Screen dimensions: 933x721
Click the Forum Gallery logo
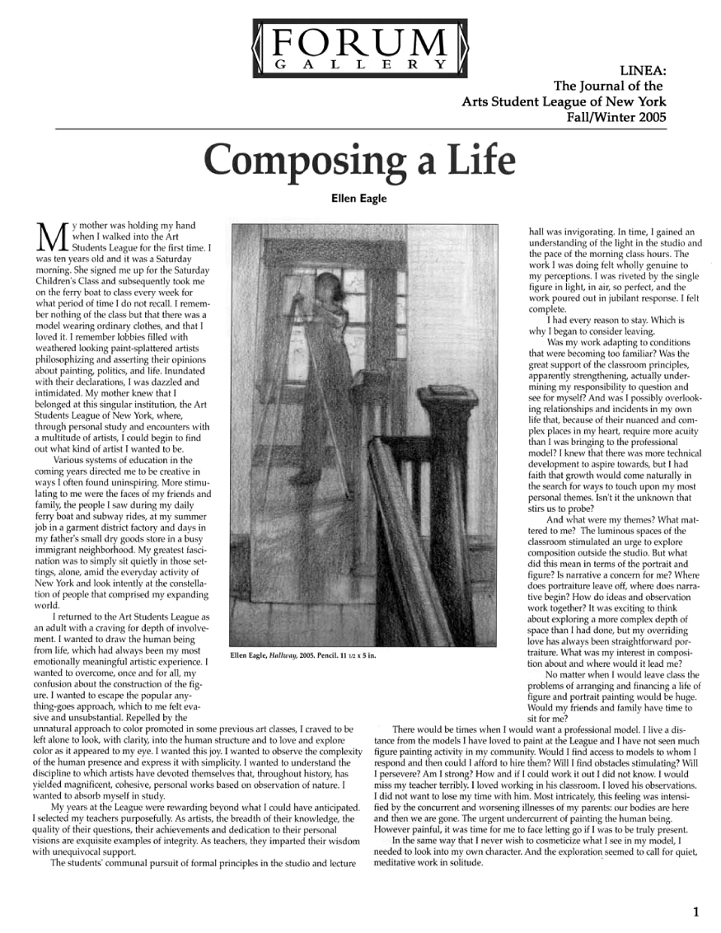[x=360, y=48]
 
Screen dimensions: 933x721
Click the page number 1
[x=696, y=912]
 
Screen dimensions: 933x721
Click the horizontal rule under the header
[x=360, y=129]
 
